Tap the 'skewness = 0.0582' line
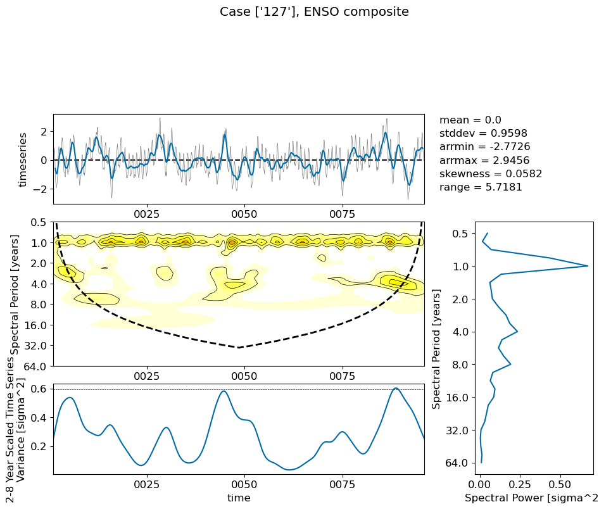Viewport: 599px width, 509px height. (x=491, y=173)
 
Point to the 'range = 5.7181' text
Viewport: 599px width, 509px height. (x=481, y=187)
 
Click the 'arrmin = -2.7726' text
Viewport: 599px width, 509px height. (x=485, y=147)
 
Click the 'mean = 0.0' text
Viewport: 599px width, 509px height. (x=470, y=120)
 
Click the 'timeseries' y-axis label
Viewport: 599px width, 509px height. (x=23, y=160)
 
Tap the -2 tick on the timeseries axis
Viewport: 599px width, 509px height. (x=41, y=189)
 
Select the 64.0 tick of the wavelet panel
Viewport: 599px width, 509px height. (x=35, y=367)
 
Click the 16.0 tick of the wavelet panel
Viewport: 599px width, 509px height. (x=35, y=325)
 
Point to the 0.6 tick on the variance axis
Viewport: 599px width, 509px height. (x=41, y=389)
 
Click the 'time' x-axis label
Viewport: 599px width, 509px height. (x=239, y=498)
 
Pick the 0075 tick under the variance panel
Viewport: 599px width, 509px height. (x=343, y=485)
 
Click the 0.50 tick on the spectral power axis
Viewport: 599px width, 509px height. (x=560, y=485)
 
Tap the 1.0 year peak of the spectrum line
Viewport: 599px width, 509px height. (x=588, y=266)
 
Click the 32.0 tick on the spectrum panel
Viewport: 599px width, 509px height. (x=457, y=430)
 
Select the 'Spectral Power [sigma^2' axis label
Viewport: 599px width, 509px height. (x=531, y=498)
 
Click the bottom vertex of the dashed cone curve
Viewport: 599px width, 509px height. (x=238, y=348)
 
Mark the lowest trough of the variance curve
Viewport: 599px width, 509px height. (x=289, y=469)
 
